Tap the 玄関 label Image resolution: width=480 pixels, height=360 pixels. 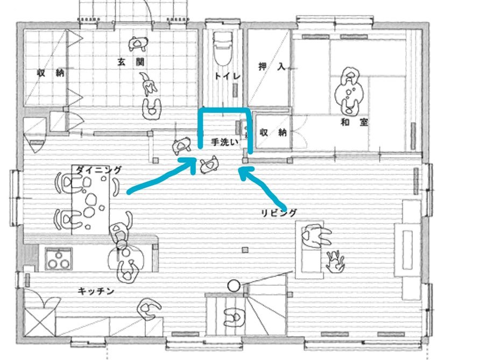pos(131,61)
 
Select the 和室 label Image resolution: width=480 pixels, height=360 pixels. pos(354,122)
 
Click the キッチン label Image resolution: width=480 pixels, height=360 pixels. pos(95,291)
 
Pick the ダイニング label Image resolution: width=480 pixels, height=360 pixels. pos(98,170)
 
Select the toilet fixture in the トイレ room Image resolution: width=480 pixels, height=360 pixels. pos(222,49)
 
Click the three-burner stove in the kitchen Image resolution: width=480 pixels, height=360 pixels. pos(59,258)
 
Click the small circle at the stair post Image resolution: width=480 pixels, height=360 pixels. pos(234,285)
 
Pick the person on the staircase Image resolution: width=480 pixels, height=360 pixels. pos(234,315)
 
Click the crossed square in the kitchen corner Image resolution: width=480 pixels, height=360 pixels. pos(39,322)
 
